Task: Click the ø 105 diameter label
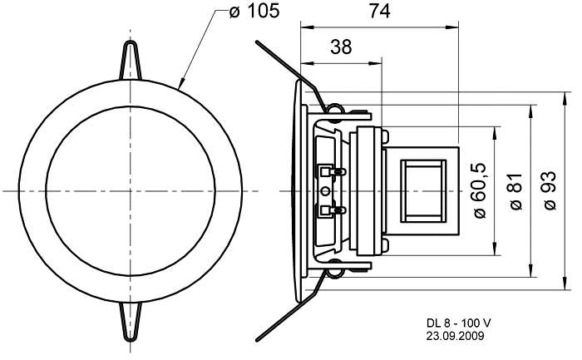pos(254,11)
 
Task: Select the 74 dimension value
pos(379,11)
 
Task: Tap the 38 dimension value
pos(341,47)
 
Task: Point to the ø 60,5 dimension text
pos(479,190)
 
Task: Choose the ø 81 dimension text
pos(515,190)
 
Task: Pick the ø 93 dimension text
pos(550,190)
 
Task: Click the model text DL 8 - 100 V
pos(459,323)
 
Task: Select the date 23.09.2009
pos(455,336)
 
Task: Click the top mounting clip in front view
pos(131,61)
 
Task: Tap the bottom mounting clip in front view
pos(131,322)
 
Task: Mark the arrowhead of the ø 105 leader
pos(180,84)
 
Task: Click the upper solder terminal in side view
pos(333,171)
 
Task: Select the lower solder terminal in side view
pos(333,211)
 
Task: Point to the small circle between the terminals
pos(326,191)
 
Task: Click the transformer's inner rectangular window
pos(423,191)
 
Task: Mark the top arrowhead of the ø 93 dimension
pos(565,97)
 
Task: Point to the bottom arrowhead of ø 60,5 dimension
pos(495,249)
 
